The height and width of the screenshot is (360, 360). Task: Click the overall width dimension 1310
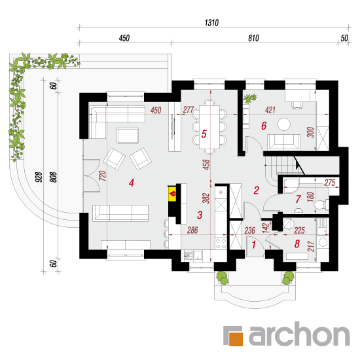pos(211,23)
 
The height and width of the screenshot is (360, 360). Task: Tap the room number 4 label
pos(131,183)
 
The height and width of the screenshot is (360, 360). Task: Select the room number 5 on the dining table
pos(204,134)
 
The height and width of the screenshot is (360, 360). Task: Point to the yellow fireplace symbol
pos(172,194)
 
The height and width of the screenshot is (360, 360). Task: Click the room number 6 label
pos(264,126)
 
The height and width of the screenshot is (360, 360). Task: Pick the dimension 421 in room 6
pos(270,110)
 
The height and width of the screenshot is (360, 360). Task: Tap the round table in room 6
pos(284,124)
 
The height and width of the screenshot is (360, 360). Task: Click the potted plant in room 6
pos(249,98)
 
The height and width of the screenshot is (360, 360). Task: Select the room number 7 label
pos(298,199)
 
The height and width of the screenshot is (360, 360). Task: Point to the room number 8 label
pos(297,244)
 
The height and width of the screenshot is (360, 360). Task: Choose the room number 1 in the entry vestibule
pos(254,245)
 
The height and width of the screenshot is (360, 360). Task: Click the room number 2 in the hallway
pos(256,190)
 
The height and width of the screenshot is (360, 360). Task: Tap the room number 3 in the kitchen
pos(200,215)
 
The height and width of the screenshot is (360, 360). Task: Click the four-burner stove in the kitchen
pos(221,243)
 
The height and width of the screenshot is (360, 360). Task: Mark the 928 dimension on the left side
pos(39,177)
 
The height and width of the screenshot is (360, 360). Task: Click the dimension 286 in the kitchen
pos(192,230)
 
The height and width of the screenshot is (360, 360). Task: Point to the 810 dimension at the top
pos(253,38)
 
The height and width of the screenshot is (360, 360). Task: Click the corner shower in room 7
pos(291,186)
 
